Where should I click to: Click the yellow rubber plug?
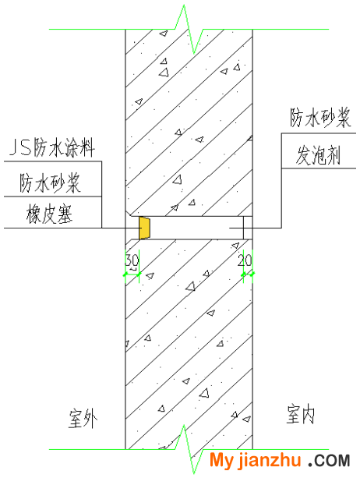144,228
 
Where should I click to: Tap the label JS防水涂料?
52,148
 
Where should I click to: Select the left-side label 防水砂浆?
50,183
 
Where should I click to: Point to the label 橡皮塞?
49,214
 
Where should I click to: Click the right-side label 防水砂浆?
320,118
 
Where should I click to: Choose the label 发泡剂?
318,155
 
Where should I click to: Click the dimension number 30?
132,261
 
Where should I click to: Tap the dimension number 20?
245,260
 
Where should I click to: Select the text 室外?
83,419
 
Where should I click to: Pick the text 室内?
301,415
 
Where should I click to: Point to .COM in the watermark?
329,461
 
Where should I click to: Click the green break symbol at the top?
189,30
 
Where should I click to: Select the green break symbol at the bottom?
189,449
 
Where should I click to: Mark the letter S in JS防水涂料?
25,148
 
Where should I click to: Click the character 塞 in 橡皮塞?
65,214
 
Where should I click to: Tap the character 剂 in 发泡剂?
333,155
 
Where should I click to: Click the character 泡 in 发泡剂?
318,155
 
